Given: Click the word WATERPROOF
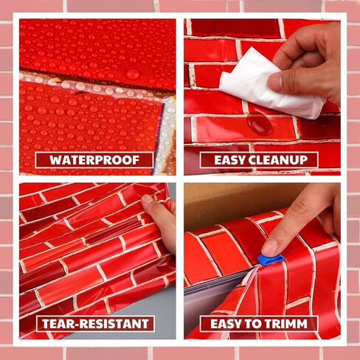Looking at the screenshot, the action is [94, 160].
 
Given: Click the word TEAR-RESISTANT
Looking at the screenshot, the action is [95, 324].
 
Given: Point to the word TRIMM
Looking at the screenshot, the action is [285, 324].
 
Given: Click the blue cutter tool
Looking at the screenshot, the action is [271, 260].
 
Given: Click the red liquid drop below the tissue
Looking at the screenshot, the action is [259, 124].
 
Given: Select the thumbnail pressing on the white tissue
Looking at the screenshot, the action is [275, 80].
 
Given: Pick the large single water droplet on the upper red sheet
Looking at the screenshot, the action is [133, 74].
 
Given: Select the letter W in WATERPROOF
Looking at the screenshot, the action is [56, 160].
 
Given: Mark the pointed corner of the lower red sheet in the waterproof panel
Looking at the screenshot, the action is [162, 103].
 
